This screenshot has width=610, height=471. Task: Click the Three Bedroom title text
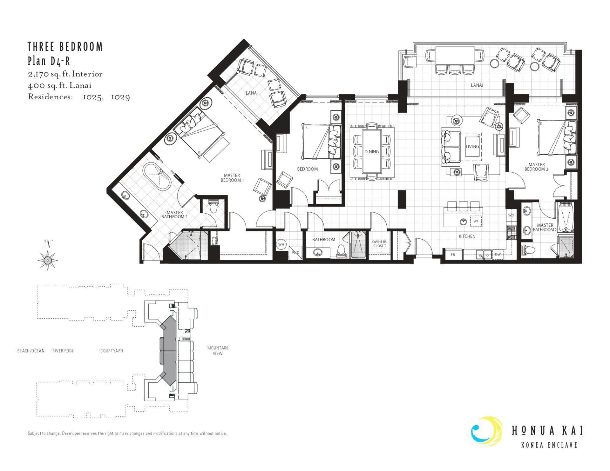pos(65,47)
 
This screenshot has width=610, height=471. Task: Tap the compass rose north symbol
pos(47,260)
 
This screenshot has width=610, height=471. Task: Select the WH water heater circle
pos(281,244)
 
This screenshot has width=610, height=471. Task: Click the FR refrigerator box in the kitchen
pos(453,255)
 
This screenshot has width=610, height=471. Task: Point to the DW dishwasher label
pos(498,254)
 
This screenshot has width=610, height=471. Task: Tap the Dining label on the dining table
pos(371,152)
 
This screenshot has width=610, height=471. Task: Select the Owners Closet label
pos(379,244)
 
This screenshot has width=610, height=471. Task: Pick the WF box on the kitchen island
pos(476,221)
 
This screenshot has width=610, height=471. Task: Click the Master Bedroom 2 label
pos(536,167)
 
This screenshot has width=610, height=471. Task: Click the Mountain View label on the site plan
pos(218,350)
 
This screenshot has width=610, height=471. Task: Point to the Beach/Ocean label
pos(31,351)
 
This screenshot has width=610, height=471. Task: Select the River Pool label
pos(63,351)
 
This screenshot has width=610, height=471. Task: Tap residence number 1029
pos(120,97)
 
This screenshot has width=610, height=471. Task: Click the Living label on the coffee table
pos(472,146)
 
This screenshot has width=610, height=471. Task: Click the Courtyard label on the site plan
pos(112,351)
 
